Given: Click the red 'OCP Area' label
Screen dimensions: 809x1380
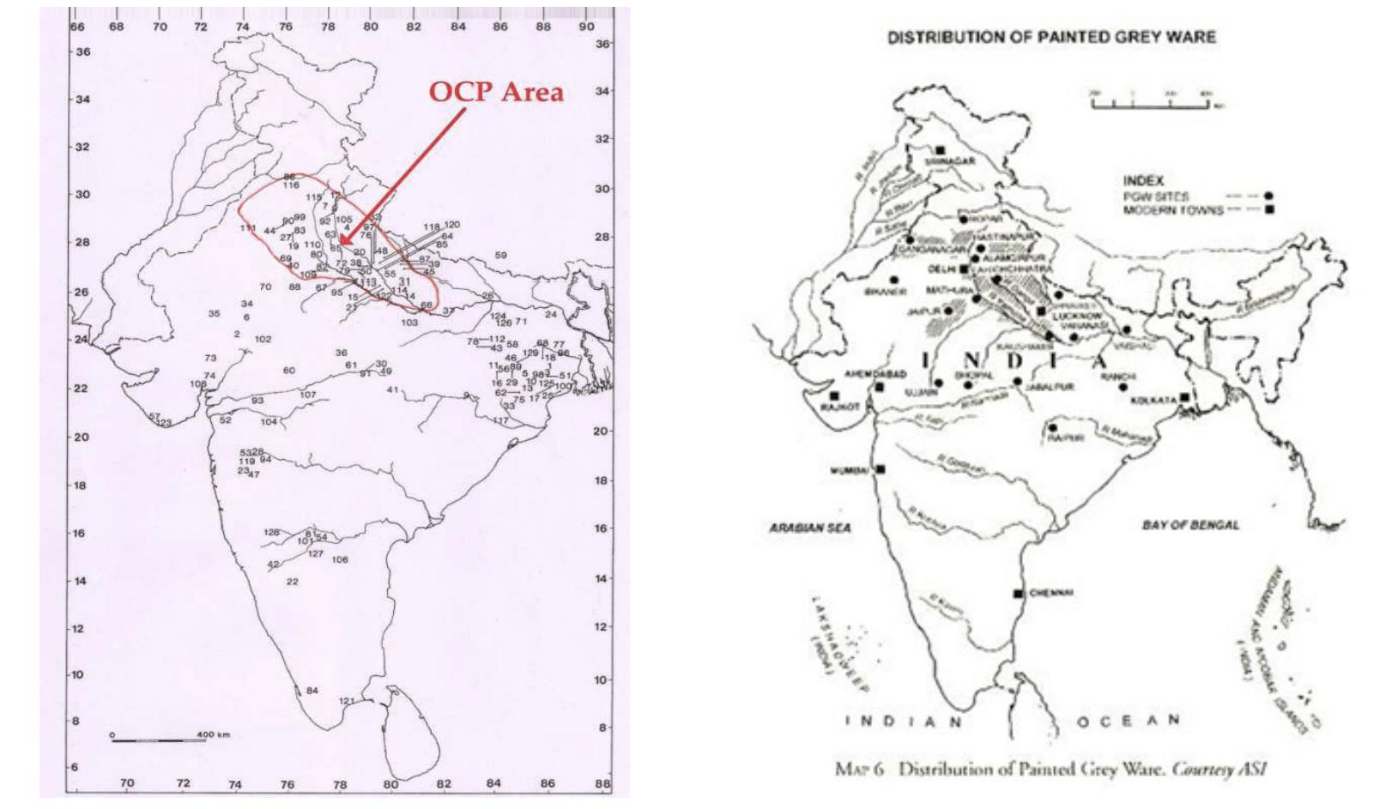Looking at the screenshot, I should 496,91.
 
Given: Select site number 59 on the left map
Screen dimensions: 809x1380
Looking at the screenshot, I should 501,256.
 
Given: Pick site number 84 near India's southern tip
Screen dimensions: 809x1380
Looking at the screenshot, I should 312,691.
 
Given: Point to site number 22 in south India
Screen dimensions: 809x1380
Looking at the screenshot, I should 293,582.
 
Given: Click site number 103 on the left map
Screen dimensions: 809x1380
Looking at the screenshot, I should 409,323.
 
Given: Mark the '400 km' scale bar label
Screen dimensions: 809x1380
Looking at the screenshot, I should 213,735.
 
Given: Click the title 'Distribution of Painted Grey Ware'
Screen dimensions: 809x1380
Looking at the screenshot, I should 1050,37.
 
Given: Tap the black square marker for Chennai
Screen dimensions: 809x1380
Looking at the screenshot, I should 1019,594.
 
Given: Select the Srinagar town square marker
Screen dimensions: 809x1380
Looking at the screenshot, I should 941,150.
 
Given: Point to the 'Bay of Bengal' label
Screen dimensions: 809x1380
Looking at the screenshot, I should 1189,525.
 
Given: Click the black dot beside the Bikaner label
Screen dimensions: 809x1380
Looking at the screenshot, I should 894,280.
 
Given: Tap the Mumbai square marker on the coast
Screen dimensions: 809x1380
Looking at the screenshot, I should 881,469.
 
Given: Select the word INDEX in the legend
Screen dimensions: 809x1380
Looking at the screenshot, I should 1143,180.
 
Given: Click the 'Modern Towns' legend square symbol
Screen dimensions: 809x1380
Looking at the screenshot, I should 1268,209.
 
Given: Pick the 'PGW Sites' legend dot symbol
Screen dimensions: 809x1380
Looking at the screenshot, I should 1268,196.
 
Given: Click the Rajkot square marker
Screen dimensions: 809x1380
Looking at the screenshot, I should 833,396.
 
